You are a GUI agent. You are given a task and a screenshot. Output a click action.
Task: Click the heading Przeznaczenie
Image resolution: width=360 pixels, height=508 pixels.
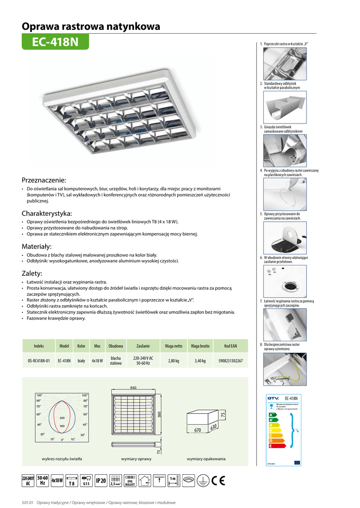(44, 180)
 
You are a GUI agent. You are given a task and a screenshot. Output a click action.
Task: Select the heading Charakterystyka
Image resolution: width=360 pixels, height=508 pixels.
(47, 213)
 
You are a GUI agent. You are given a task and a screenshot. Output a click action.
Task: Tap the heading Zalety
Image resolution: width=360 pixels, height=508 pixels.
(32, 273)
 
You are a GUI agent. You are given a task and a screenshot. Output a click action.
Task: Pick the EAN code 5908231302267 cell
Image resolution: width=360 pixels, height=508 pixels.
(230, 361)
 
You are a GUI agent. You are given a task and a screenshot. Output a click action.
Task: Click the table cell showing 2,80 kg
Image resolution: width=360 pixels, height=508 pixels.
(173, 361)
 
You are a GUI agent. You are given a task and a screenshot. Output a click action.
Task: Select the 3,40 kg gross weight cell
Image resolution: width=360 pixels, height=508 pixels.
(200, 361)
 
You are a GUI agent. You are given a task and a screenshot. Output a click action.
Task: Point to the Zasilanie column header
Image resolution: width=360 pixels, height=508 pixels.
(143, 345)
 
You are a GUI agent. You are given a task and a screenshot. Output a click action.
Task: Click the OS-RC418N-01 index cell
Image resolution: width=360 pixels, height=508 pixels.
(39, 361)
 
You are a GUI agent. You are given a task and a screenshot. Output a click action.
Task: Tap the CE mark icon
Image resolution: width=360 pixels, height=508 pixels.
(217, 480)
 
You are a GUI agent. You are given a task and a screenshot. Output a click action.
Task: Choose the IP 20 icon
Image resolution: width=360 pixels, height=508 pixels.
(101, 480)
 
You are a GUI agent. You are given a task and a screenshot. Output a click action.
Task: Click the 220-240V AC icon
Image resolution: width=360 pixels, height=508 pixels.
(28, 480)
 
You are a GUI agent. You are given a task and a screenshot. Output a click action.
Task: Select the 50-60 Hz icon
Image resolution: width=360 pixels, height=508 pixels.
(43, 480)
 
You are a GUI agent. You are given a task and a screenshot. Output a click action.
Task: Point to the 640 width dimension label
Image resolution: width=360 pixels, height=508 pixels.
(133, 387)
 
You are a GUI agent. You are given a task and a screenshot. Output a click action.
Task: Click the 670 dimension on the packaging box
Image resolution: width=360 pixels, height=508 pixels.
(198, 430)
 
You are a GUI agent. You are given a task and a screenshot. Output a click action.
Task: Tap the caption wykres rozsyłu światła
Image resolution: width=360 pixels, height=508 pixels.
(62, 459)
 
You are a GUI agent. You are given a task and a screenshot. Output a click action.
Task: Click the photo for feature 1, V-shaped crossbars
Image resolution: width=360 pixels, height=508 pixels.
(285, 63)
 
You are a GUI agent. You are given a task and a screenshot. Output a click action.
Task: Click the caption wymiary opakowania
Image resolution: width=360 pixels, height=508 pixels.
(206, 459)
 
